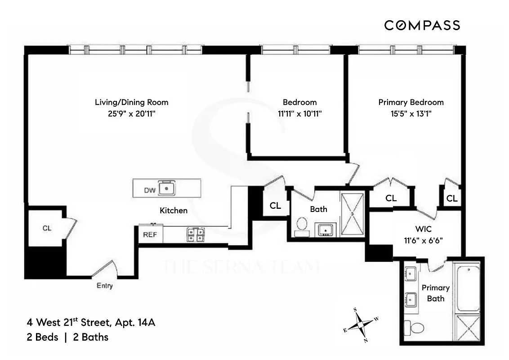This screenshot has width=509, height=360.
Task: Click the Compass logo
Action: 422,25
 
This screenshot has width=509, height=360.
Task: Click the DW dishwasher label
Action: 150,190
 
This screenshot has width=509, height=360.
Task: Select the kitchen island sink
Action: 167,189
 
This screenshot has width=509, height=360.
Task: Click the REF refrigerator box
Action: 150,234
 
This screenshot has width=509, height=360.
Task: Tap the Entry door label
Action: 104,286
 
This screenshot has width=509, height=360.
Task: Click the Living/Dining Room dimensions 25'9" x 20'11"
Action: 132,114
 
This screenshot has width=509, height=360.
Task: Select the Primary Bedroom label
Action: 411,102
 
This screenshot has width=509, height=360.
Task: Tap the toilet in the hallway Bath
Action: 301,225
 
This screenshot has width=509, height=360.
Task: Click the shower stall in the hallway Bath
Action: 352,214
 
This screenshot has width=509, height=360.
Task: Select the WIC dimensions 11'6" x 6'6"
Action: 423,240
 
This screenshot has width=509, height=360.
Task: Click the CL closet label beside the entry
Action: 47,228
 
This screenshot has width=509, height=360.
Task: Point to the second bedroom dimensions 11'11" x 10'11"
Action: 299,114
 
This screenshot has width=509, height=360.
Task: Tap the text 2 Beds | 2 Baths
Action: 67,337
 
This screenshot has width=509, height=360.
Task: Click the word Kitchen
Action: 174,210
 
